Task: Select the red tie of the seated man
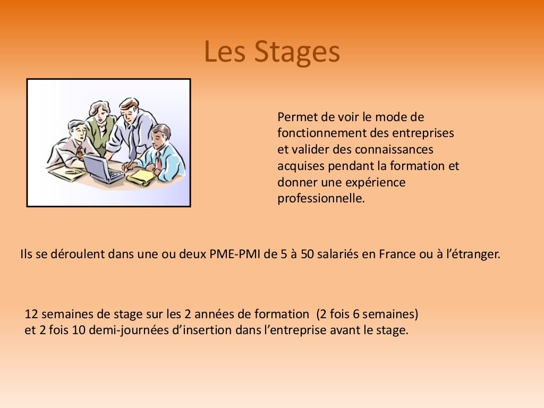tap(158, 160)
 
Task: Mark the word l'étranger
tap(472, 254)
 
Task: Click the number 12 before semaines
tap(31, 314)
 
